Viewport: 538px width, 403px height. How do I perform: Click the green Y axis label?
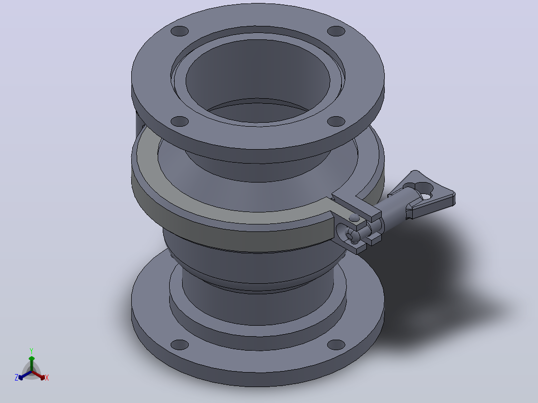tap(31, 351)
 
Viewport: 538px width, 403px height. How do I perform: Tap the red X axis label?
tap(47, 378)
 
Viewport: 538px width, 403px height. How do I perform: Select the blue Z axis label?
tap(16, 377)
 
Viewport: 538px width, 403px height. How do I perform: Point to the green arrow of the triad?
tap(31, 363)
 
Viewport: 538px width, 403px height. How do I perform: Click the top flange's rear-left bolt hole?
tap(180, 31)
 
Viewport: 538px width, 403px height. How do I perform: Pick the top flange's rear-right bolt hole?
tap(336, 31)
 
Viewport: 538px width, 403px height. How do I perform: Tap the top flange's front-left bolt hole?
tap(180, 121)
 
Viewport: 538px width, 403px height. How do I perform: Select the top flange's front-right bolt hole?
tap(336, 121)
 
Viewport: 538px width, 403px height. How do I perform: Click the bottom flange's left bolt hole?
tap(180, 345)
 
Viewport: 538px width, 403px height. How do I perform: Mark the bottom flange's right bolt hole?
tap(336, 345)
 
